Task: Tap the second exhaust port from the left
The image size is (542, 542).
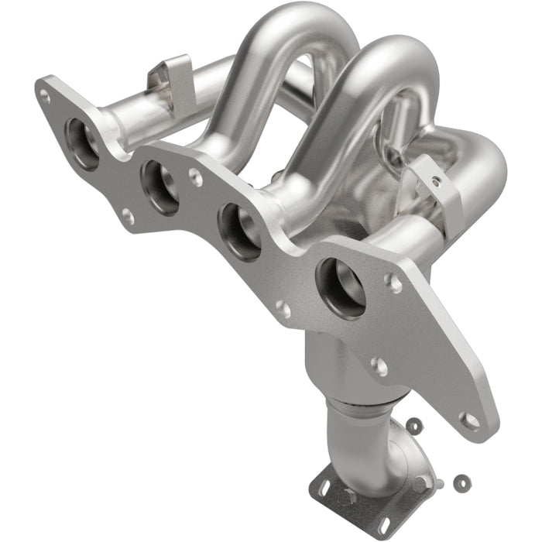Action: pos(161,187)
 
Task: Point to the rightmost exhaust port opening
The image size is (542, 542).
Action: pos(341,287)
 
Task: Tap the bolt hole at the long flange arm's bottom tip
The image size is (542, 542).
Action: pos(469,420)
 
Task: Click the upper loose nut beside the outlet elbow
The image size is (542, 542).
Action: pos(415,425)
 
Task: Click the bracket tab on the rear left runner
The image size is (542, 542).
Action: pos(169,74)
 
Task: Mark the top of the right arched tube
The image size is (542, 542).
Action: pos(395,54)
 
